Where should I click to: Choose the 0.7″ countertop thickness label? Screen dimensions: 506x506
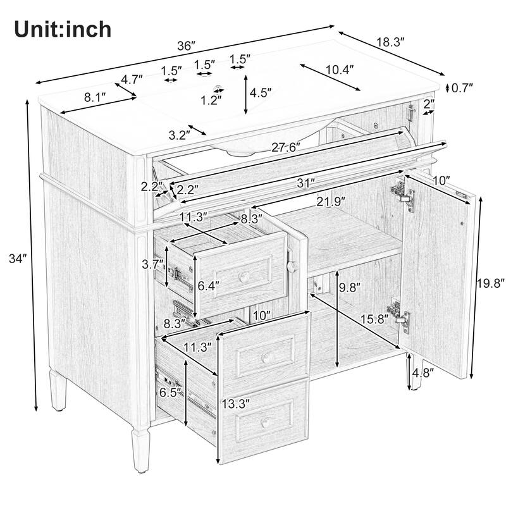(x=462, y=88)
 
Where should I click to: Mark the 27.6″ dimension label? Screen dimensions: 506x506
(x=286, y=147)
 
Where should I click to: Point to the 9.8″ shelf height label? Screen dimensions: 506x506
(x=349, y=288)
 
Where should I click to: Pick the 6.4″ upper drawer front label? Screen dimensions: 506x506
(x=207, y=287)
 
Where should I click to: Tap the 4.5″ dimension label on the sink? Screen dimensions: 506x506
(x=260, y=92)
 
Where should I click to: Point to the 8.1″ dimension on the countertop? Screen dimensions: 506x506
(x=94, y=98)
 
